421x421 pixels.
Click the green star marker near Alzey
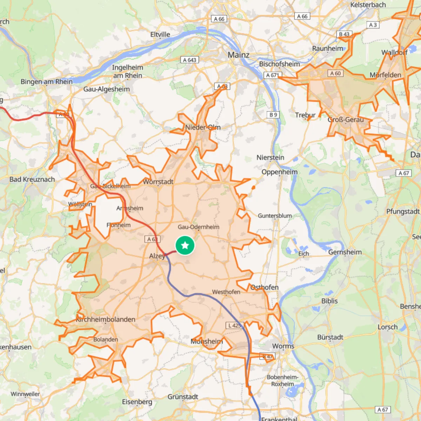(185, 245)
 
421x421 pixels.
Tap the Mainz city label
(239, 55)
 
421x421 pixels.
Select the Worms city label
(283, 346)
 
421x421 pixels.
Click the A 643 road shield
(190, 60)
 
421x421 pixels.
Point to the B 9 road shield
(273, 115)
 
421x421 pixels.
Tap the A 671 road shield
(272, 75)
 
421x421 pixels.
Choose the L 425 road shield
(235, 325)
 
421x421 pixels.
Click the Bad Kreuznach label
(32, 179)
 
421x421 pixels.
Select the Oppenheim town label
(279, 172)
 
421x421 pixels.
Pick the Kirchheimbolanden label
(106, 319)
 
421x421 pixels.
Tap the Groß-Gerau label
(346, 120)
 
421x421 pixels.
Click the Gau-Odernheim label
(198, 227)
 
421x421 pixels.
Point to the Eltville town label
(160, 34)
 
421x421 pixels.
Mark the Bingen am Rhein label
(47, 82)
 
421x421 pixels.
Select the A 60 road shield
(335, 73)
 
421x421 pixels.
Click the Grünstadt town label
(183, 397)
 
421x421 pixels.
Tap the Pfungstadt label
(403, 211)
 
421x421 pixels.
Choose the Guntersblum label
(275, 216)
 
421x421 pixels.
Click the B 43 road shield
(344, 34)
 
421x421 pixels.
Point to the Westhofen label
(226, 292)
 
